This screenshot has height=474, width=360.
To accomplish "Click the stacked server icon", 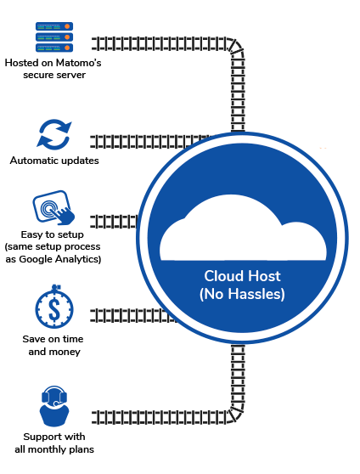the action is [x=54, y=37].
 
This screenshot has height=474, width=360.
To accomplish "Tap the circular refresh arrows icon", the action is [x=54, y=135].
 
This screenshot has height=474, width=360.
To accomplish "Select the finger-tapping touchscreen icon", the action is [x=53, y=207].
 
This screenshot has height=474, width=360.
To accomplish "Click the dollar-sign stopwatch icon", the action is [x=54, y=307].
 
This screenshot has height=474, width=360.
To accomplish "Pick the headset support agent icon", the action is [x=54, y=406].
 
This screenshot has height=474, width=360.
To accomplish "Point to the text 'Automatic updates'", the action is [x=54, y=161].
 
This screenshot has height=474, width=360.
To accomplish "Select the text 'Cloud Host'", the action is [x=243, y=276].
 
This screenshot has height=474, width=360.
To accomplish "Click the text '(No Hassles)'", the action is [x=242, y=294].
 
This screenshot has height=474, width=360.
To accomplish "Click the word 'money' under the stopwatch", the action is [x=65, y=352].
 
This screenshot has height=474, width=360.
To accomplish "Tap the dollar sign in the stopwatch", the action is [x=54, y=309].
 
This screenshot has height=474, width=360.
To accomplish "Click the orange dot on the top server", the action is [x=67, y=26].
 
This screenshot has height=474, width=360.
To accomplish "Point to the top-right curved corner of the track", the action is [x=237, y=47].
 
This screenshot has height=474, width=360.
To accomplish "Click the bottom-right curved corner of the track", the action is [x=237, y=415].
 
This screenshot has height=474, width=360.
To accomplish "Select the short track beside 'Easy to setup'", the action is [x=115, y=222].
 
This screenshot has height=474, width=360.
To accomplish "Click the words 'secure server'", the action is [x=54, y=75].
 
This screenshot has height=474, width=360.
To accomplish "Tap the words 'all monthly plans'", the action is [x=54, y=449].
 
